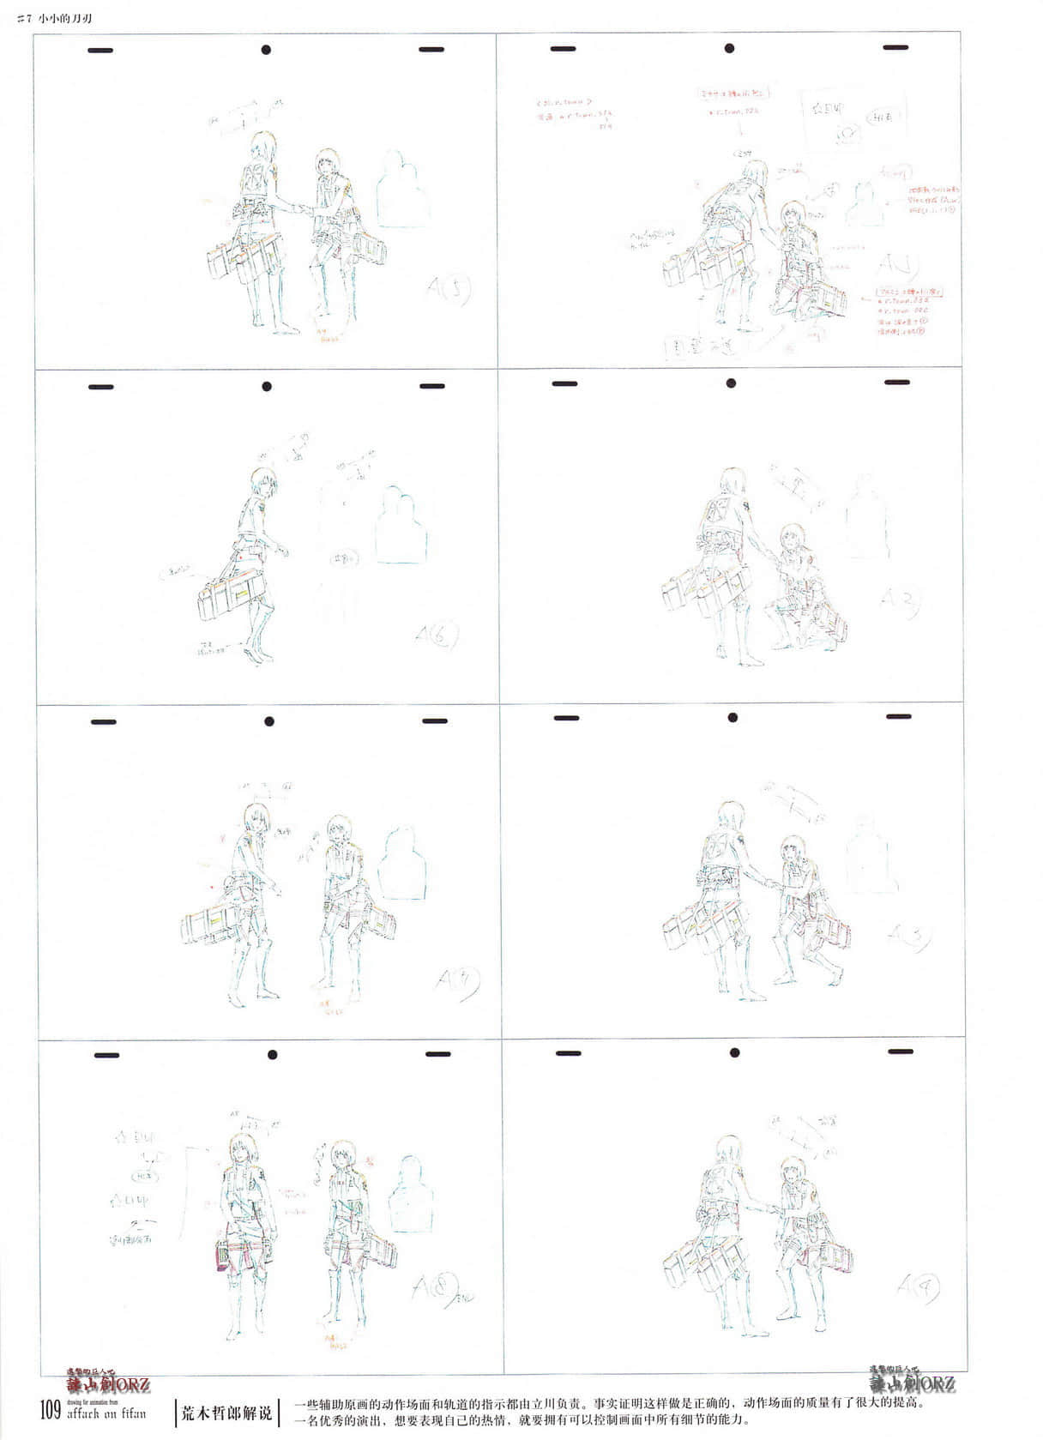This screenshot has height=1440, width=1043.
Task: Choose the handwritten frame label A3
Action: (x=909, y=937)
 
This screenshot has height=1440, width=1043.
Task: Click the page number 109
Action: (x=50, y=1408)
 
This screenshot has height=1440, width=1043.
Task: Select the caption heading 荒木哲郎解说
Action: (x=226, y=1411)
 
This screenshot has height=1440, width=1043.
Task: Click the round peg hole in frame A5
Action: (x=266, y=50)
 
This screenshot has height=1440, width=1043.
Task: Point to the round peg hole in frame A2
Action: (x=731, y=383)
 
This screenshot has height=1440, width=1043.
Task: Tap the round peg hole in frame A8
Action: (x=272, y=1055)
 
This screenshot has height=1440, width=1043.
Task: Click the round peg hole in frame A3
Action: (x=733, y=718)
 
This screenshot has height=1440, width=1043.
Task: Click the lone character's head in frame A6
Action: (x=263, y=482)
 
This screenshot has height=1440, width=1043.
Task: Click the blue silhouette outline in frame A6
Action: (x=401, y=526)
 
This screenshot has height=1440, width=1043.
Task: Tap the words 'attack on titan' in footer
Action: (x=106, y=1413)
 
